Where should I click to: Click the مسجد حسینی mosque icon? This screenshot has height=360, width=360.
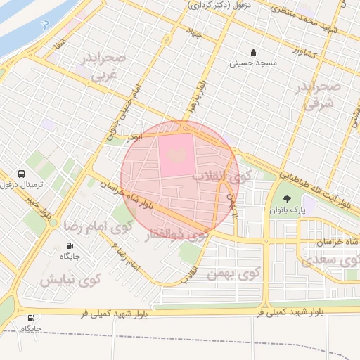click(253, 53)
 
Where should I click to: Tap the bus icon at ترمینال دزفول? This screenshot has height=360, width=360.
click(22, 174)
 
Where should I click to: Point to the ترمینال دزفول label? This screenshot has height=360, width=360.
click(22, 185)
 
